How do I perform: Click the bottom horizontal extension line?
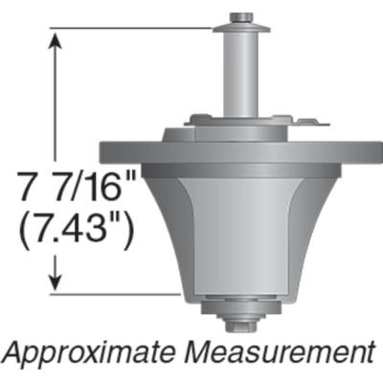(124, 292)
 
